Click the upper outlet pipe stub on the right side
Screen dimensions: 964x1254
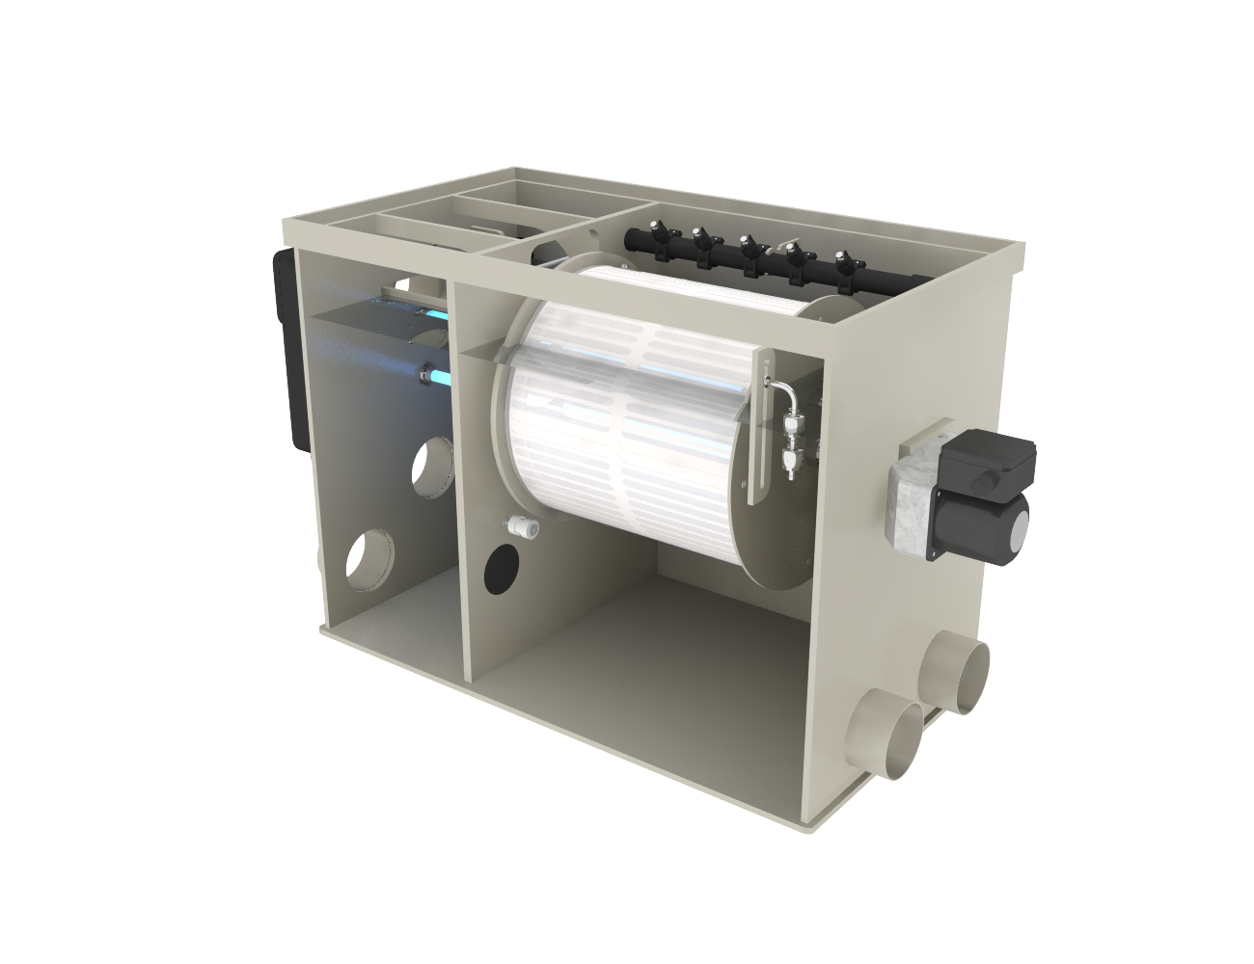[x=959, y=674]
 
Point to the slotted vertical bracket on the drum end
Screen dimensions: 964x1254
[x=762, y=424]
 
